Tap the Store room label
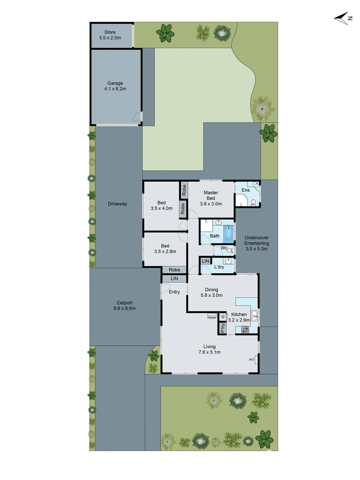(x=110, y=32)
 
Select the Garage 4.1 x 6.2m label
(x=115, y=86)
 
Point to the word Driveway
(x=118, y=204)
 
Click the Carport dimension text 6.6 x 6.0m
(x=124, y=308)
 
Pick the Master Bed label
(x=211, y=195)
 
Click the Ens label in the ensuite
(x=245, y=190)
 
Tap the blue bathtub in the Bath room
(x=229, y=234)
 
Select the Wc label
(x=224, y=248)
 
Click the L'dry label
(x=219, y=267)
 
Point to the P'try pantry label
(x=222, y=328)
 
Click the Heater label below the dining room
(x=212, y=317)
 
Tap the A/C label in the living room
(x=251, y=360)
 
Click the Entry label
(x=174, y=292)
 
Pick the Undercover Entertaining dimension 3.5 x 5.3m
(x=256, y=249)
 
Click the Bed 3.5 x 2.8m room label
(x=165, y=249)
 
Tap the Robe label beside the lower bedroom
(x=174, y=270)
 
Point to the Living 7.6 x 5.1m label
(x=209, y=349)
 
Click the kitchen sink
(x=254, y=315)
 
